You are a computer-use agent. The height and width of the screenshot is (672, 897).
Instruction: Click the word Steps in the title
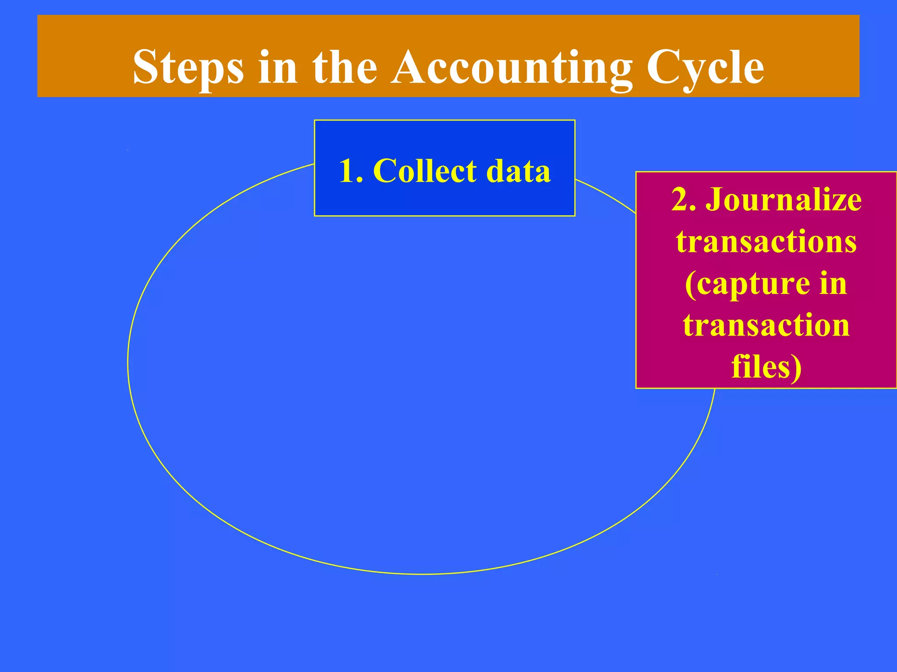188,68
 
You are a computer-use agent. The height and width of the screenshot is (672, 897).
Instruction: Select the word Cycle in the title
705,68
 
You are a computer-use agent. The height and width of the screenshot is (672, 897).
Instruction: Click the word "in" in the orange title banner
278,68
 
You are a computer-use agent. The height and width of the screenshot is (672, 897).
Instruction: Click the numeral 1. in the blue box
351,171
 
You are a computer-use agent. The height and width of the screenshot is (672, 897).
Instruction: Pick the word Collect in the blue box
424,171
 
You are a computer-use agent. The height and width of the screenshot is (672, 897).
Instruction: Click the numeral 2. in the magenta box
684,200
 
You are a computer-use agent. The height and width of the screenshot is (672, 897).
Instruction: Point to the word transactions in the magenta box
766,241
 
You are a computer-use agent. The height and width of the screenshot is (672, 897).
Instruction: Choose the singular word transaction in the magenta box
766,325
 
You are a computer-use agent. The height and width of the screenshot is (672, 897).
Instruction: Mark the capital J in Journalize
714,200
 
